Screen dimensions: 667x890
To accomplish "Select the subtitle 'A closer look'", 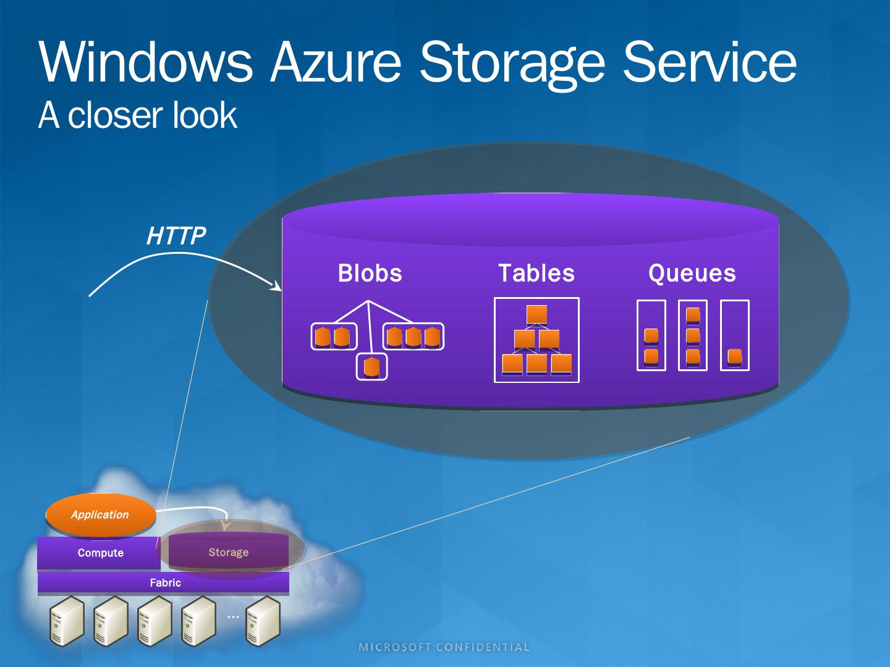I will (137, 115).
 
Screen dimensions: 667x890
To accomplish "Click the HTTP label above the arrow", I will (176, 235).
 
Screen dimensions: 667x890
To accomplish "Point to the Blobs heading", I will (370, 273).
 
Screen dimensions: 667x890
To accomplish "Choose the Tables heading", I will (536, 273).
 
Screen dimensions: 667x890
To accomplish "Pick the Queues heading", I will (692, 273).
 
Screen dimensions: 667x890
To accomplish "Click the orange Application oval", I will (100, 514).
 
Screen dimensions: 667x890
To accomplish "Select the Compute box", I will (100, 553).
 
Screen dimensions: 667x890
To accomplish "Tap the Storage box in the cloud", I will (228, 552).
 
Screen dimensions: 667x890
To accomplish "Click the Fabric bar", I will (164, 582).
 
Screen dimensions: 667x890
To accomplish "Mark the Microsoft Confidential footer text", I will (444, 647).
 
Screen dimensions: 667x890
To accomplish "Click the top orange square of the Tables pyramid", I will (536, 315).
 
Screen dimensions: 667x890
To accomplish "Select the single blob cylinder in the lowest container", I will (371, 367).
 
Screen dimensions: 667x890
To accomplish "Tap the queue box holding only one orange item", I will (735, 335).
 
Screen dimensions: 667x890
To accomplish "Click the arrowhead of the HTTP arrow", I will (276, 287).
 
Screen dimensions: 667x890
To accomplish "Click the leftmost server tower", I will (66, 621).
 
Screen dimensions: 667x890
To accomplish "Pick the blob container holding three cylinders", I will (413, 337).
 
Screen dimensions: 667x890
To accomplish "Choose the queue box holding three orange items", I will (693, 335).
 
